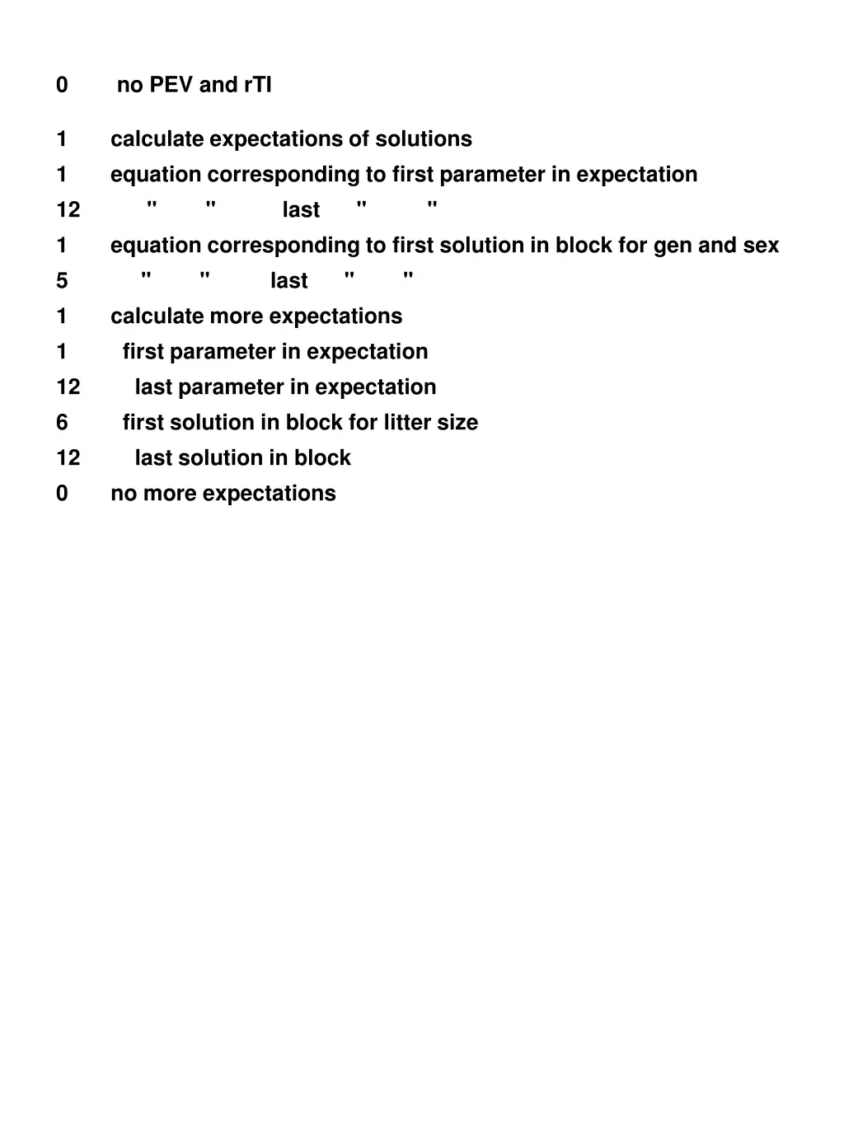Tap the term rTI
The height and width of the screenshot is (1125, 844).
pyautogui.click(x=258, y=85)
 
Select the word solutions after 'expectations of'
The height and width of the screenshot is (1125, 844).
pyautogui.click(x=424, y=138)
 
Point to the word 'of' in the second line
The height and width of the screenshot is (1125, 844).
pyautogui.click(x=359, y=138)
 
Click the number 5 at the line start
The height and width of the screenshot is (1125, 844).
pyautogui.click(x=62, y=281)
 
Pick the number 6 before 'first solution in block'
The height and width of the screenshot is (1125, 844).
pyautogui.click(x=62, y=423)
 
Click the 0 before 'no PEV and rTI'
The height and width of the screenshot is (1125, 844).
pyautogui.click(x=62, y=85)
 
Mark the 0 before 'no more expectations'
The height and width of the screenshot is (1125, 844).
pyautogui.click(x=62, y=494)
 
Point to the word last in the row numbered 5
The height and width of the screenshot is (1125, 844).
pyautogui.click(x=288, y=281)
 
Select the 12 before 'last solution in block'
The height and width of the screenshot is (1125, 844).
pyautogui.click(x=68, y=458)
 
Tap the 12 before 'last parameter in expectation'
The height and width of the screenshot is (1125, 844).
pyautogui.click(x=68, y=387)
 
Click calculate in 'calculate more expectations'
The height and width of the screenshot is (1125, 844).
pyautogui.click(x=157, y=316)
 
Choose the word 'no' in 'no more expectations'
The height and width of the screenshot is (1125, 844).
pyautogui.click(x=124, y=494)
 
